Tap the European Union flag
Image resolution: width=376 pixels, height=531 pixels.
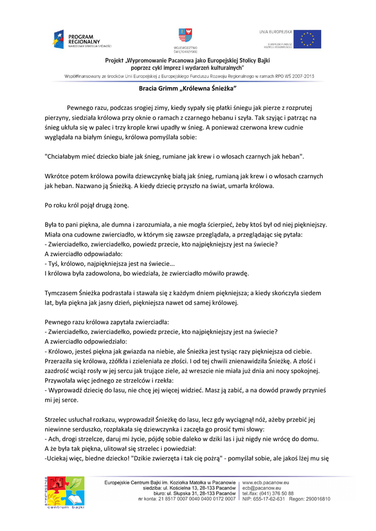tap(308, 39)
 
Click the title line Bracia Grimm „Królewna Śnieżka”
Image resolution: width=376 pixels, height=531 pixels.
tap(188, 89)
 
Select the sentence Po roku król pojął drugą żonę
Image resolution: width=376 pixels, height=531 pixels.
tap(87, 205)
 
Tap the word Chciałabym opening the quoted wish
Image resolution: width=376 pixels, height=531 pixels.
tap(64, 156)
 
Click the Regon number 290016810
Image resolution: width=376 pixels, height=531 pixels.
tap(317, 499)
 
